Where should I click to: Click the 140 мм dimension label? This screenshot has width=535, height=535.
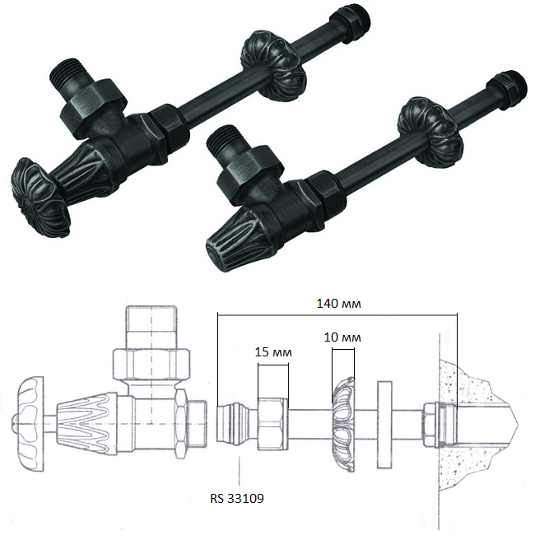point(338,304)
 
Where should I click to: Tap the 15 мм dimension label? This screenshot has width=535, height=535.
point(273,352)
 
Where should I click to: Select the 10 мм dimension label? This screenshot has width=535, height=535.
point(342,337)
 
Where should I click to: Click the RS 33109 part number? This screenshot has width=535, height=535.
point(237,499)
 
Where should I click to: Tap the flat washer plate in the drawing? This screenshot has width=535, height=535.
point(384,425)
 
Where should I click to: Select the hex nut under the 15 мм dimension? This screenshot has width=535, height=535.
point(273,424)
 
